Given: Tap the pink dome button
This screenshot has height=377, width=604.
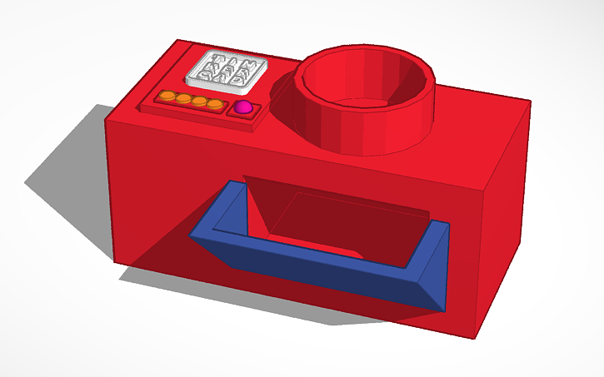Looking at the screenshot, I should (243, 108).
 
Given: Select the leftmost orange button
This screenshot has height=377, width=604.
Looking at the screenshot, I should (167, 97).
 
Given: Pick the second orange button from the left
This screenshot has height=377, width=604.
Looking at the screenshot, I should (182, 100).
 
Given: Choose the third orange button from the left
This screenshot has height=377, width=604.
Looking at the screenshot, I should (198, 102).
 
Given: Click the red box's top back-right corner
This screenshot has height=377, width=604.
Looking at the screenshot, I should (531, 102).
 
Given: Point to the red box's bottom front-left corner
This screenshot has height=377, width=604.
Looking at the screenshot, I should (114, 265).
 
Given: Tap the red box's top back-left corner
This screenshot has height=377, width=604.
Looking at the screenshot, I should (174, 40).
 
